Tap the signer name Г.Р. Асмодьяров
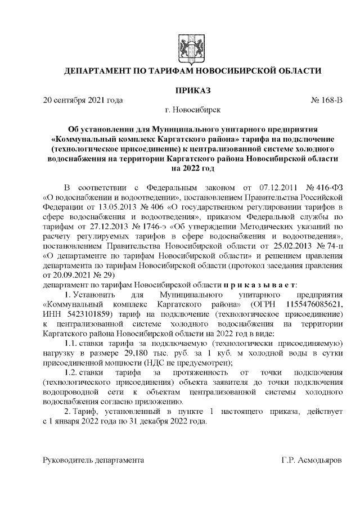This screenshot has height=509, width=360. [x=311, y=460]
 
